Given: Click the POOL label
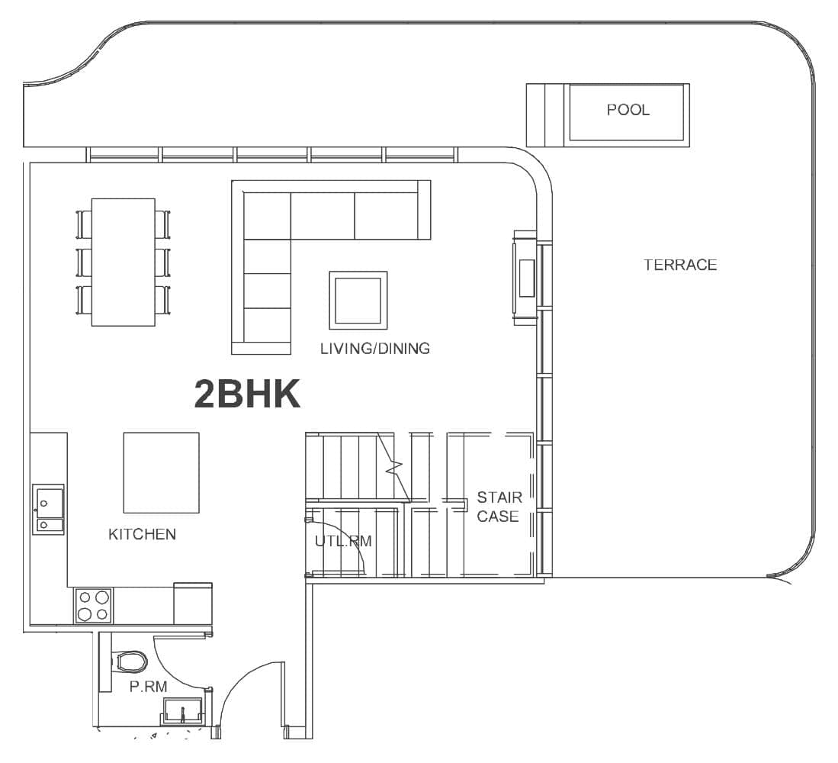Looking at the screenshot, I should tap(628, 110).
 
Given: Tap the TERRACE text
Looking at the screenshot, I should tap(680, 265).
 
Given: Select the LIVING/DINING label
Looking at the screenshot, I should tap(374, 349).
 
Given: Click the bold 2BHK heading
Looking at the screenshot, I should tap(247, 395).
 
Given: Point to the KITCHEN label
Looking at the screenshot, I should tap(142, 534).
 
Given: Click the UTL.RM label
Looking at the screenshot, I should tap(343, 542).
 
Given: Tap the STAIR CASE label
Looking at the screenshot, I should tap(498, 507).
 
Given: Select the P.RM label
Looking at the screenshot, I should tap(148, 687).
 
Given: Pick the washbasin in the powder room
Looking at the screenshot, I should tap(183, 711).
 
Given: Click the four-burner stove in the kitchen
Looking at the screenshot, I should tap(93, 606).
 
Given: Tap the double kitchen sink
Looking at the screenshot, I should tap(48, 509).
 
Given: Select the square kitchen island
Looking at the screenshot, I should tap(162, 473).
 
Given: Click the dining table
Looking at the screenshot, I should tap(124, 262).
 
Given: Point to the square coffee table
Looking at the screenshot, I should tap(358, 300).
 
